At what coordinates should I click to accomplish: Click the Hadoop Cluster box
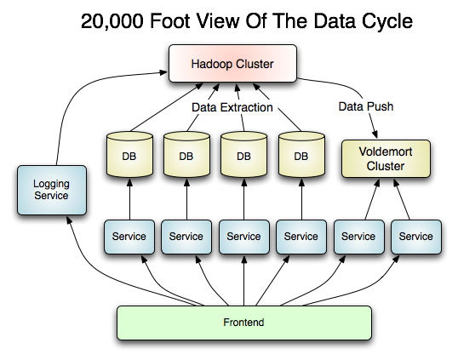pos(232,63)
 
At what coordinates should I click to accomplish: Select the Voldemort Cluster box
pos(386,159)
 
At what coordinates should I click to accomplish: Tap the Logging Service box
pos(52,190)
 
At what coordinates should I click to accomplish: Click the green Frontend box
pos(244,323)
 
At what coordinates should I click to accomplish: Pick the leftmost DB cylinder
pos(129,154)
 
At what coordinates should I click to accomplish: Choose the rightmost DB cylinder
pos(301,154)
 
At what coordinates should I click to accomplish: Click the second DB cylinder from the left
pos(186,154)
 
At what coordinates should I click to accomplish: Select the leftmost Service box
pos(129,237)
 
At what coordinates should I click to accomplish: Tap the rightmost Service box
pos(416,237)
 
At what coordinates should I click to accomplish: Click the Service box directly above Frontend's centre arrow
pos(243,237)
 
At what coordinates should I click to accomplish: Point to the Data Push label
pos(366,106)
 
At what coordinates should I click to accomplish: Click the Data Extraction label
pos(232,107)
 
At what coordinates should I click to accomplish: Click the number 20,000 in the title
pos(112,21)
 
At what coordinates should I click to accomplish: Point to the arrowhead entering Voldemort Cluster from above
pos(375,134)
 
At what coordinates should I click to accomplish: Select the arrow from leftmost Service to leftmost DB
pos(129,199)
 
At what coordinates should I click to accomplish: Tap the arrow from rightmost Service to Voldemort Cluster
pos(402,199)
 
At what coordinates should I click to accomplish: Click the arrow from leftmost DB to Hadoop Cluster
pos(166,107)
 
